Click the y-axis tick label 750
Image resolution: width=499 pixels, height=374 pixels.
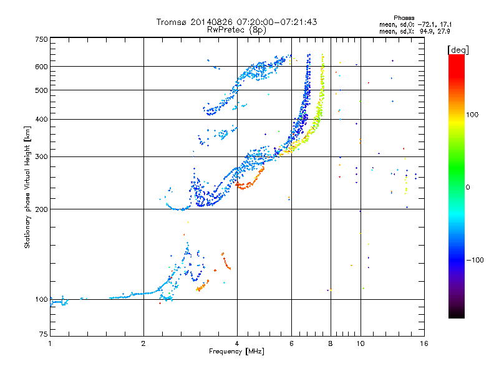[x=42, y=39]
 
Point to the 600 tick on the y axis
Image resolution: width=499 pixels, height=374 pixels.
[x=42, y=67]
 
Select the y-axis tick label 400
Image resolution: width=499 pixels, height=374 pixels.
[x=42, y=119]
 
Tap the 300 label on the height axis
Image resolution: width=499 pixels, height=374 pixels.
[x=42, y=156]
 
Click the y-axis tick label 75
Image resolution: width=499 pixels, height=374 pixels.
[x=44, y=336]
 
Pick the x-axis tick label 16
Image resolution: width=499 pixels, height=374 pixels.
[x=423, y=343]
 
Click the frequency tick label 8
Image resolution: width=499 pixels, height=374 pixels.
[x=330, y=343]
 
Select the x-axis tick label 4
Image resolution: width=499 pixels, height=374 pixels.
[x=236, y=343]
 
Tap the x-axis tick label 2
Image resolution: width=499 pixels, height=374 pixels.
[x=143, y=343]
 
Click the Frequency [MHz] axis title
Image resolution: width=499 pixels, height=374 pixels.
[x=236, y=352]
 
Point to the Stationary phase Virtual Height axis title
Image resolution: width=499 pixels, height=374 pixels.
[x=27, y=188]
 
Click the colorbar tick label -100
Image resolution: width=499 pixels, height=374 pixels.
[x=476, y=260]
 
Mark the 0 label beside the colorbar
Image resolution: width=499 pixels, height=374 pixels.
[x=468, y=188]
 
